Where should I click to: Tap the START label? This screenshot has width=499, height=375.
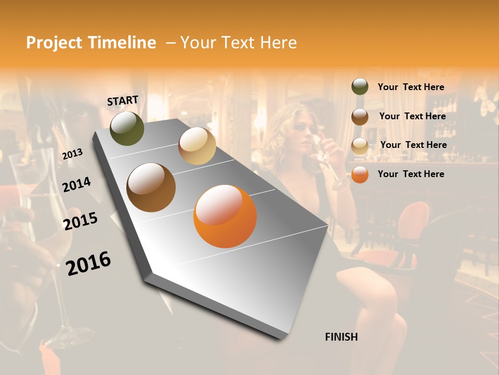(123, 101)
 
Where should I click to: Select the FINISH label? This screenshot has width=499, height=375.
(342, 337)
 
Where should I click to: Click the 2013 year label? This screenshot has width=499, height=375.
(72, 154)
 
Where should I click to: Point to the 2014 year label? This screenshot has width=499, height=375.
(76, 185)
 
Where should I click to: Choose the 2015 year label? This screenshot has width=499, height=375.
(81, 221)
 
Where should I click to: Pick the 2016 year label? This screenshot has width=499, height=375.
(88, 264)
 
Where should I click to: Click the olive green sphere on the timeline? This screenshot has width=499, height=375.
(127, 128)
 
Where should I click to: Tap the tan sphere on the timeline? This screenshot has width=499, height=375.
(197, 146)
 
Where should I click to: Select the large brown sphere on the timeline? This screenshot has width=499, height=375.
(151, 187)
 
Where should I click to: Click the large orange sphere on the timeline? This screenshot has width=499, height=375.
(225, 216)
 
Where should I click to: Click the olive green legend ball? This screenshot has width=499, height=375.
(360, 87)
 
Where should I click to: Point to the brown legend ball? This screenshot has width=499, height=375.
(360, 117)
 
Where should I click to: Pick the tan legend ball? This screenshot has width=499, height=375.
(360, 146)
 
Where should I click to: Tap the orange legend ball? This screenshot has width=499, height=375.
(360, 174)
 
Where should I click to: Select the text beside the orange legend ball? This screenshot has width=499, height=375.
(411, 174)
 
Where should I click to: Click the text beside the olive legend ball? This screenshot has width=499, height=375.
(411, 87)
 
